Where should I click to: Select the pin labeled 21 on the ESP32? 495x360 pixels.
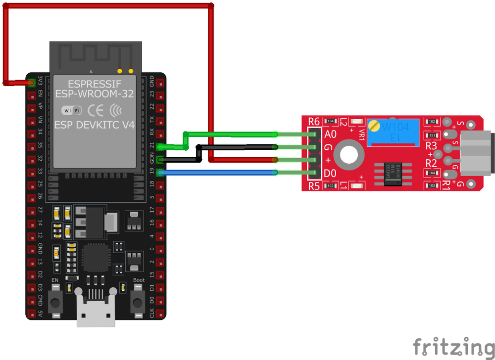click(159, 146)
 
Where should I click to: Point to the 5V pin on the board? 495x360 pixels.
click(32, 313)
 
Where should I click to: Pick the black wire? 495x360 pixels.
click(233, 147)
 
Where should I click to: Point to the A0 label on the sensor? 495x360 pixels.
click(330, 135)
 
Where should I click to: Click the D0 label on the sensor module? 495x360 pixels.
click(330, 173)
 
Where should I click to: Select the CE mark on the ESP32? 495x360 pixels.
click(97, 110)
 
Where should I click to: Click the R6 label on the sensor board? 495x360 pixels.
click(314, 122)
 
